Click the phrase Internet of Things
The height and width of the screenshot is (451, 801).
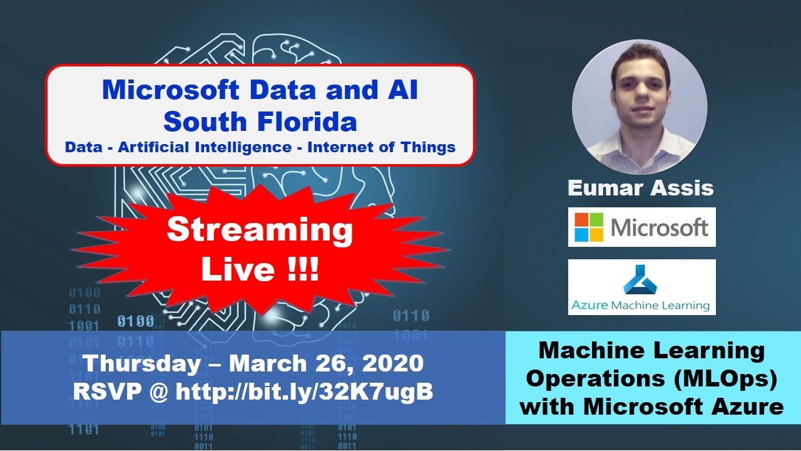pos(382,148)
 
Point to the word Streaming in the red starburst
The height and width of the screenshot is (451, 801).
pos(260,231)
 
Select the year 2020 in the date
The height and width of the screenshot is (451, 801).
pos(391,364)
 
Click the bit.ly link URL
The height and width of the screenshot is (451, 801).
pos(305,393)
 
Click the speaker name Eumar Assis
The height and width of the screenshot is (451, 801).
pos(640,187)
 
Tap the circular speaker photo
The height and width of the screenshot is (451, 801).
pos(640,106)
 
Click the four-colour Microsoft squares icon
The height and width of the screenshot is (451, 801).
pos(589,227)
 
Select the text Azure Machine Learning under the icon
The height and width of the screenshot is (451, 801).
pos(640,306)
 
